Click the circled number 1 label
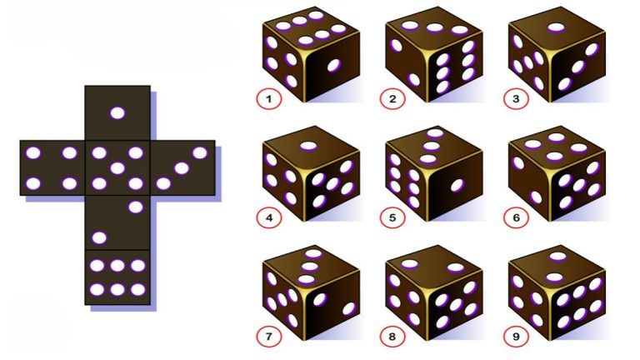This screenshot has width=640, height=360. point(268,99)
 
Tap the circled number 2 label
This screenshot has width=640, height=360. point(392,99)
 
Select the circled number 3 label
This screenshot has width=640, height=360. point(516,99)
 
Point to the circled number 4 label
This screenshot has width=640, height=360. point(268,217)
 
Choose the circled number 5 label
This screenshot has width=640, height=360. point(392,217)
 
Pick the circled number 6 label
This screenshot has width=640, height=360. point(516,217)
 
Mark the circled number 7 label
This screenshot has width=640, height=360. point(268,337)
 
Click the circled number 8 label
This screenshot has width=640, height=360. point(392,337)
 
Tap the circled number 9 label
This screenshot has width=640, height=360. point(516,337)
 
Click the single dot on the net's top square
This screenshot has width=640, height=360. point(117,112)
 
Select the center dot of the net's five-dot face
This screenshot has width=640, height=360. point(117,168)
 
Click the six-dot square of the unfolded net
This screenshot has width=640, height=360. point(117,277)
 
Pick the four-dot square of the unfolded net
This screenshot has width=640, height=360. point(52,167)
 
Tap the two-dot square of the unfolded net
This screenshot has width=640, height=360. point(117,222)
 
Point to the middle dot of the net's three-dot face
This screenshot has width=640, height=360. point(182,168)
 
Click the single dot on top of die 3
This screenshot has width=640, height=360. point(556,27)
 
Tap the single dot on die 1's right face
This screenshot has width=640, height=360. point(333,65)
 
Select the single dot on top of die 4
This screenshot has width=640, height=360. point(308,146)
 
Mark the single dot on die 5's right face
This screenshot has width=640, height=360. point(457,186)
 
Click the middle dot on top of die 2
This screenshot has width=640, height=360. point(435,27)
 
